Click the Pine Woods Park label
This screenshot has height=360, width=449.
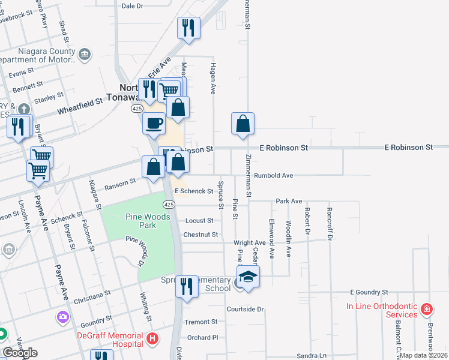(x=140, y=221)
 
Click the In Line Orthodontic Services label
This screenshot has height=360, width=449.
(x=381, y=310)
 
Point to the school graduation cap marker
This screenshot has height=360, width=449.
(x=247, y=277)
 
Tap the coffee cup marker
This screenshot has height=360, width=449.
(x=154, y=123)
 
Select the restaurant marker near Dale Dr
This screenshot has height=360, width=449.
(x=189, y=28)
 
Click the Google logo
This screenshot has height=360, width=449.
(x=20, y=353)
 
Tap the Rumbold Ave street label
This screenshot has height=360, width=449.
(x=273, y=175)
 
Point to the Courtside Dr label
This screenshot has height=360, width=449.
(x=245, y=309)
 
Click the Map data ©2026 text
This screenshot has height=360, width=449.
(x=424, y=355)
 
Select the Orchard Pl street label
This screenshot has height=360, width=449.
(x=202, y=337)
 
